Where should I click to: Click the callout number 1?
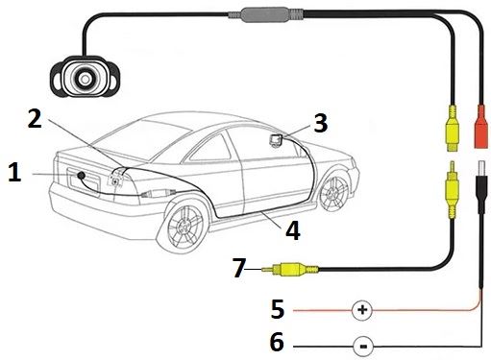(14, 172)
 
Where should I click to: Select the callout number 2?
(35, 118)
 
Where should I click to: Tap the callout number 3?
(320, 123)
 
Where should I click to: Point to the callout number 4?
(293, 230)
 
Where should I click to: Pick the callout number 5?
(278, 309)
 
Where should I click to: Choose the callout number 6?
(277, 342)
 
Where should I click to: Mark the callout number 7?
(239, 268)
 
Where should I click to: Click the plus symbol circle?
(362, 310)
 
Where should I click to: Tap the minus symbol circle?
(363, 347)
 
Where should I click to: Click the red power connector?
(481, 127)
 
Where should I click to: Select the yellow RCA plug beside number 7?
(290, 270)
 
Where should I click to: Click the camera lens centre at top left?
(85, 79)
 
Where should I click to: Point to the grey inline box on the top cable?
(265, 14)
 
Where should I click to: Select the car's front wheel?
(334, 191)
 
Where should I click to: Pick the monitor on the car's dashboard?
(276, 140)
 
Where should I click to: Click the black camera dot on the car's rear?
(81, 175)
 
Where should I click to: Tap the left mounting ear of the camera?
(57, 77)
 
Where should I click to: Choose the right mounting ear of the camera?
(112, 77)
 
